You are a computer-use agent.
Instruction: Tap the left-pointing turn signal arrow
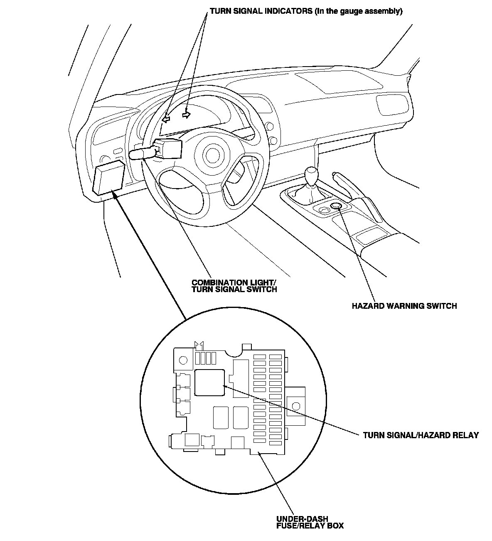166,119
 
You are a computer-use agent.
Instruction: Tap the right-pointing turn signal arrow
187,114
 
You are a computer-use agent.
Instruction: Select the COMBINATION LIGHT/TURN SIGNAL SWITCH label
234,285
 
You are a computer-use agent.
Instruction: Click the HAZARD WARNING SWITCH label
404,306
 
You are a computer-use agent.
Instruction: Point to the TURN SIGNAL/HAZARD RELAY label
421,435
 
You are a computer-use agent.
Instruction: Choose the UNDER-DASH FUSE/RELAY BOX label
310,522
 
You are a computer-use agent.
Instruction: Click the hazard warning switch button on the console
336,206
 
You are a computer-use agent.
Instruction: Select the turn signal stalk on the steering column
143,154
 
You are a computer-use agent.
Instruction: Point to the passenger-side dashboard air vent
391,104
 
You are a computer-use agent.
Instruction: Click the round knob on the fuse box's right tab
296,405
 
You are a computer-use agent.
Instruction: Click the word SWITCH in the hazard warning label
443,306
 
